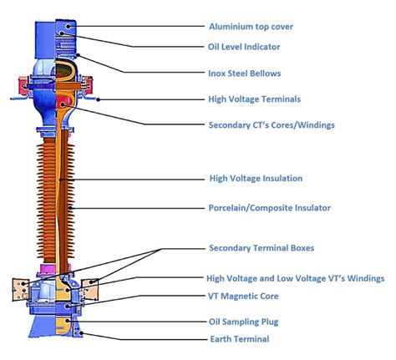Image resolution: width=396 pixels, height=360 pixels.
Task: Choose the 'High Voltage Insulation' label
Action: (255, 178)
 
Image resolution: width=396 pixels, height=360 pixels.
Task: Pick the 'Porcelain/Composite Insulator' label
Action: (269, 208)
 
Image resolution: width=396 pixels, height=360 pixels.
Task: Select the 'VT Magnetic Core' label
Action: (243, 296)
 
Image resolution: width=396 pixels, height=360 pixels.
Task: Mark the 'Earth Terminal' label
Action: (238, 339)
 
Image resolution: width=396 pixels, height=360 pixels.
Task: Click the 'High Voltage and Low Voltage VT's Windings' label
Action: (295, 278)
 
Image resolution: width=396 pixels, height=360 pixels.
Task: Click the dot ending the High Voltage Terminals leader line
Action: (98, 99)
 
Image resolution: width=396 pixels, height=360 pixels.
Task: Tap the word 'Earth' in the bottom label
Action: (221, 339)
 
